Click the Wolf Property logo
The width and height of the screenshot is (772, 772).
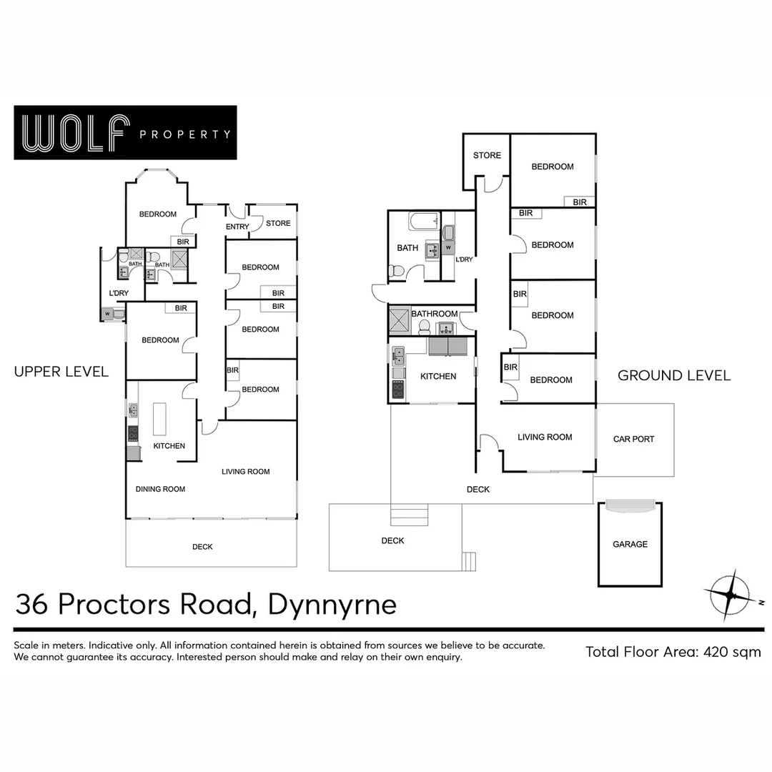tap(125, 133)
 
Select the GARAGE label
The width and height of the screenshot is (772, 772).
tap(630, 545)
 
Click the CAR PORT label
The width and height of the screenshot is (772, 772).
tap(633, 439)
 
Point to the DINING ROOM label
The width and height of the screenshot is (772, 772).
tap(161, 490)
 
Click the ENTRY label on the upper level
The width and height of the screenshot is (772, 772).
tap(237, 227)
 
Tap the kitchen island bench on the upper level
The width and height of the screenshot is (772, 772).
tap(159, 420)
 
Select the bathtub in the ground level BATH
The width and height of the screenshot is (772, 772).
tap(424, 222)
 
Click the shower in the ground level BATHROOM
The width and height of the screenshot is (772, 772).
tap(400, 322)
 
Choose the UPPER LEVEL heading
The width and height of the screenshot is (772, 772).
tap(61, 372)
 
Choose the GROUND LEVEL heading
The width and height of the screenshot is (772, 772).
tap(674, 375)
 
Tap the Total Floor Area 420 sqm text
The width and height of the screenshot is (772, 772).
tap(673, 652)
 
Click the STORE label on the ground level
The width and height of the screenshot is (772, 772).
tap(487, 155)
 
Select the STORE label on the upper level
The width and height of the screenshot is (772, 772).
tap(278, 223)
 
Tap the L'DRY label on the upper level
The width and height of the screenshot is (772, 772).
tap(118, 293)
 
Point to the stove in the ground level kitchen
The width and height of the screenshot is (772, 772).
tap(397, 390)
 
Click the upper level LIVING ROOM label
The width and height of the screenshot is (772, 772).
tap(245, 472)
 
